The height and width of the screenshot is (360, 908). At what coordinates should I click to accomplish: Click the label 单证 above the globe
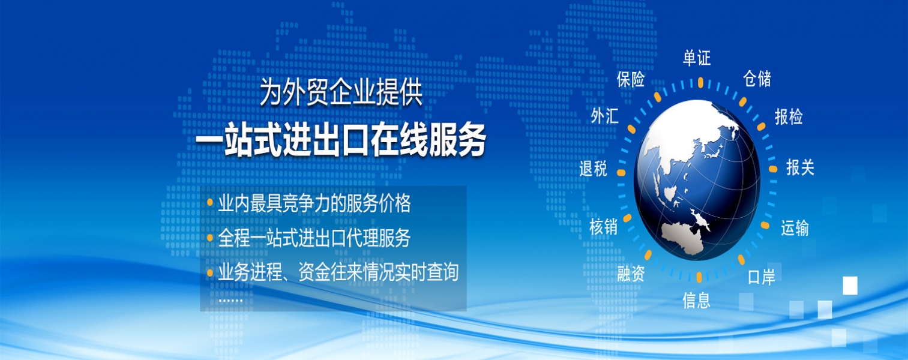pyautogui.click(x=697, y=58)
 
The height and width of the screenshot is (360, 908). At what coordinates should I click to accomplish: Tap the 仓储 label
pyautogui.click(x=757, y=79)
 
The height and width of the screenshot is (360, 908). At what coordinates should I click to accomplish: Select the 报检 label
pyautogui.click(x=789, y=117)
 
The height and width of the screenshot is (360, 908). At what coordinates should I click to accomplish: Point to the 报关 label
pyautogui.click(x=800, y=167)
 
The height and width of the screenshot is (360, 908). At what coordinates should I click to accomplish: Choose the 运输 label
pyautogui.click(x=795, y=228)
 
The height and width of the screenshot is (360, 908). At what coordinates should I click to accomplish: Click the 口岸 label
pyautogui.click(x=761, y=277)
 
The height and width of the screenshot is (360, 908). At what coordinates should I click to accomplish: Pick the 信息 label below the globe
pyautogui.click(x=696, y=301)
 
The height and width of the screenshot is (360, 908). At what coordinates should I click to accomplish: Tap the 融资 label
pyautogui.click(x=631, y=274)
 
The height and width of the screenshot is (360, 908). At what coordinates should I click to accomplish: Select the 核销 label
pyautogui.click(x=604, y=227)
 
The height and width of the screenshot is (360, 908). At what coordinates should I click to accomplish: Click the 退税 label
pyautogui.click(x=593, y=168)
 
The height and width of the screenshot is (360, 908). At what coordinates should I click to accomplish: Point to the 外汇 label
pyautogui.click(x=604, y=116)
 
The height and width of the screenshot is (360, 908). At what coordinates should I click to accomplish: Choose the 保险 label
pyautogui.click(x=631, y=79)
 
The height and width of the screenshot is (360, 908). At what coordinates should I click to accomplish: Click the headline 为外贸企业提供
pyautogui.click(x=341, y=92)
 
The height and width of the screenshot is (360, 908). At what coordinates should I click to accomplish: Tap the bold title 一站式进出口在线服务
pyautogui.click(x=341, y=139)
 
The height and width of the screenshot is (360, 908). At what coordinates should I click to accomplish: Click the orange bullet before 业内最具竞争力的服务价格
pyautogui.click(x=210, y=202)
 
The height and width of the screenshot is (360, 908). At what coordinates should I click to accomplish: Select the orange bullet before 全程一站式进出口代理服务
pyautogui.click(x=210, y=237)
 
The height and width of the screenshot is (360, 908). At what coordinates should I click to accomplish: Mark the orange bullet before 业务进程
pyautogui.click(x=210, y=272)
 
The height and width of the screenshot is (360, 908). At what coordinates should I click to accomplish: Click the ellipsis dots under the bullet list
pyautogui.click(x=230, y=301)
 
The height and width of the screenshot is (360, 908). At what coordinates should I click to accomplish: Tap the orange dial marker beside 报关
pyautogui.click(x=773, y=169)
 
